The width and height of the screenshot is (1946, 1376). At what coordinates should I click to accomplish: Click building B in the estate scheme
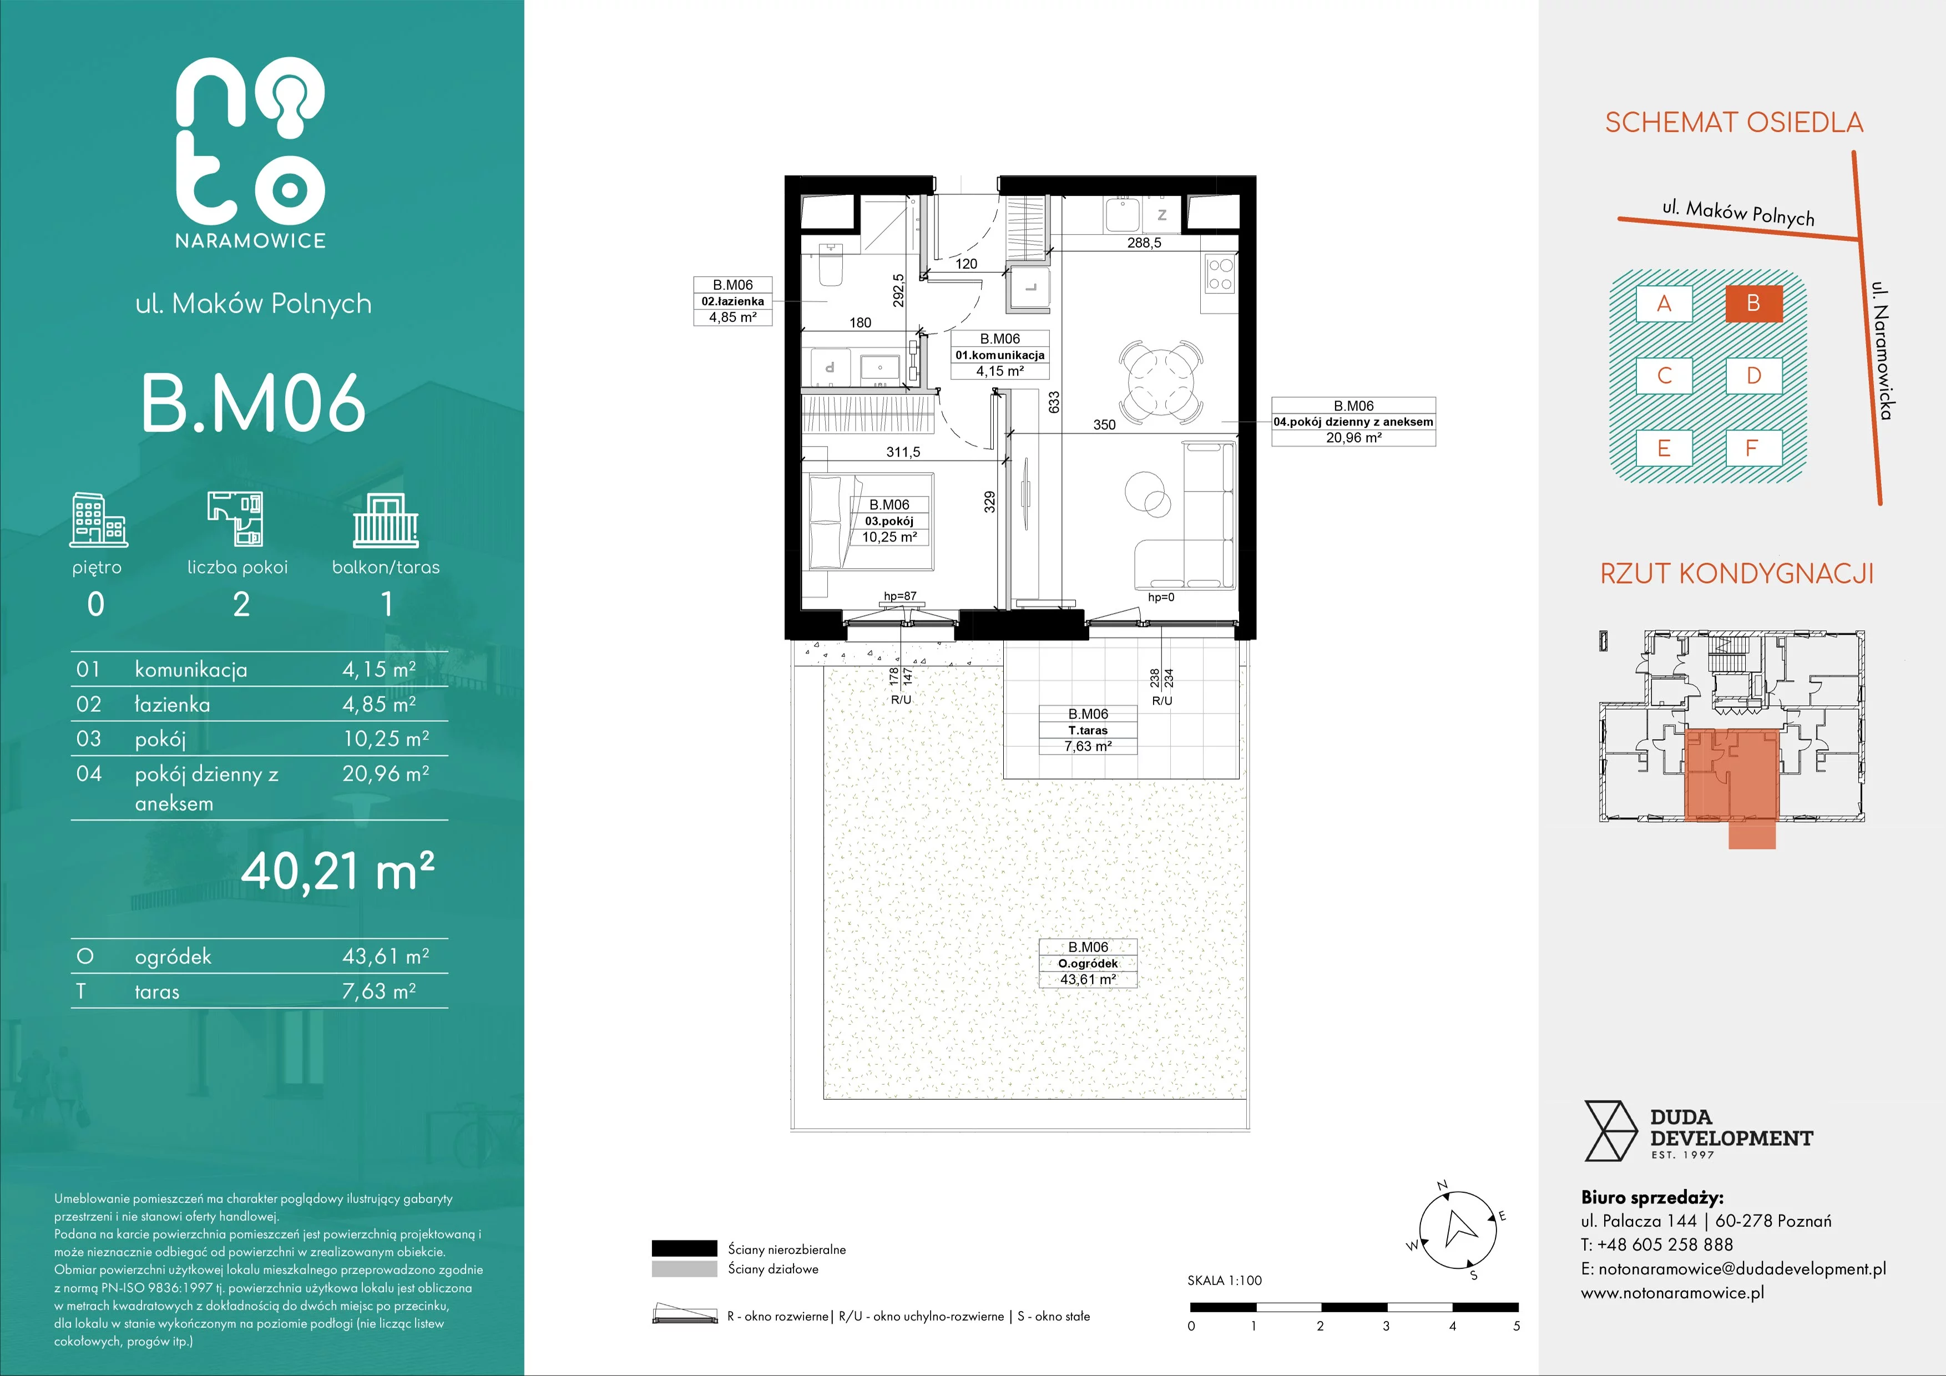click(1753, 303)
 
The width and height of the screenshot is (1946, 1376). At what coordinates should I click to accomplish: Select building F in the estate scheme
click(1753, 448)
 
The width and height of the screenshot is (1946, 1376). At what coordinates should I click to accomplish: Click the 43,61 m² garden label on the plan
click(1088, 963)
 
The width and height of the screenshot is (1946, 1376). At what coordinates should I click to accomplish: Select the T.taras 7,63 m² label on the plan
click(1088, 730)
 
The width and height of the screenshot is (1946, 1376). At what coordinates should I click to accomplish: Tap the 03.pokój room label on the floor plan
click(889, 521)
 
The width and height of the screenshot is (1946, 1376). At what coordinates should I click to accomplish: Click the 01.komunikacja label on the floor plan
click(1000, 355)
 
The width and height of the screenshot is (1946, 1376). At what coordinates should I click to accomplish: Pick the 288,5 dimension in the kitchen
click(1144, 242)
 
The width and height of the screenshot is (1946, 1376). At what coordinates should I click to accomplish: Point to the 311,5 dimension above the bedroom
click(903, 452)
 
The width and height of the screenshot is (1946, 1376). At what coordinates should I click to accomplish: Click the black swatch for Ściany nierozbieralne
click(684, 1248)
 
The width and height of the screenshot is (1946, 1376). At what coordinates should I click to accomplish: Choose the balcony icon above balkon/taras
click(386, 521)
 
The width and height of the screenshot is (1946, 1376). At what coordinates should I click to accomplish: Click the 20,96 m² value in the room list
click(386, 773)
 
